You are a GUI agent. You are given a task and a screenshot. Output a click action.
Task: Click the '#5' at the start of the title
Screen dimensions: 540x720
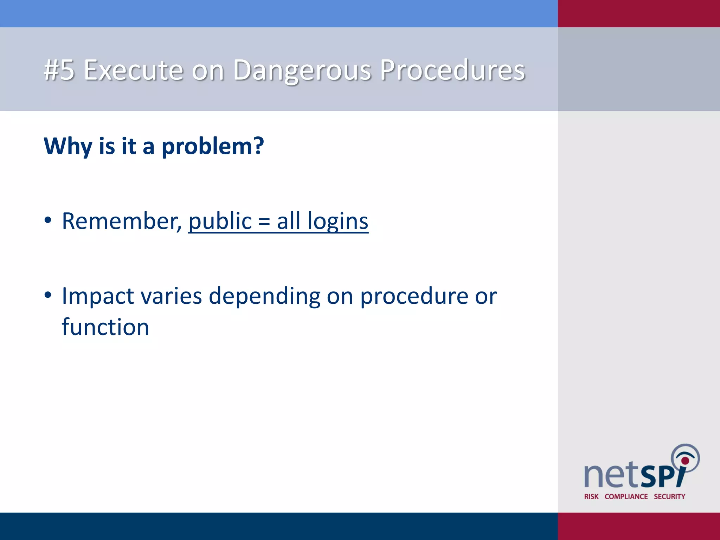point(59,70)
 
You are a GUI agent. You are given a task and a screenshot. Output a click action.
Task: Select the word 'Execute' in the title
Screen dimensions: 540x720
point(134,70)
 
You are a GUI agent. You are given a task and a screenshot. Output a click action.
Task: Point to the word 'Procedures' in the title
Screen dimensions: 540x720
point(452,70)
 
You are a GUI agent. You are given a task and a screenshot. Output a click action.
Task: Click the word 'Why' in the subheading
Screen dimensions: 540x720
point(68,146)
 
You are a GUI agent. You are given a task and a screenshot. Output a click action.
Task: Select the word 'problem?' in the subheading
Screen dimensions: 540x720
point(212,146)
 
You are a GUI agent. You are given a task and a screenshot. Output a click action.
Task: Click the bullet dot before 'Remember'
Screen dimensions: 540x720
point(48,220)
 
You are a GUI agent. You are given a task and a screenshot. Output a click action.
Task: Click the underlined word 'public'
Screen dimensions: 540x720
point(220,221)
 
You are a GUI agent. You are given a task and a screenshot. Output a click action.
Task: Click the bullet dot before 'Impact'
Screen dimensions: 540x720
point(48,295)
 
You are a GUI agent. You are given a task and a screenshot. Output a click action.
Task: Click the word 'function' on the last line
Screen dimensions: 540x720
point(105,327)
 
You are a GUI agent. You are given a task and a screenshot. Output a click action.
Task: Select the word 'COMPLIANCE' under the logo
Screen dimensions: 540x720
point(626,496)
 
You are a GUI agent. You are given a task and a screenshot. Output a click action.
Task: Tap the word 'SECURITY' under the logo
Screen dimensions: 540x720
point(669,496)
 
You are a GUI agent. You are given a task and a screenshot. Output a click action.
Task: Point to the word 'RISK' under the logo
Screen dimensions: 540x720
point(591,496)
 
